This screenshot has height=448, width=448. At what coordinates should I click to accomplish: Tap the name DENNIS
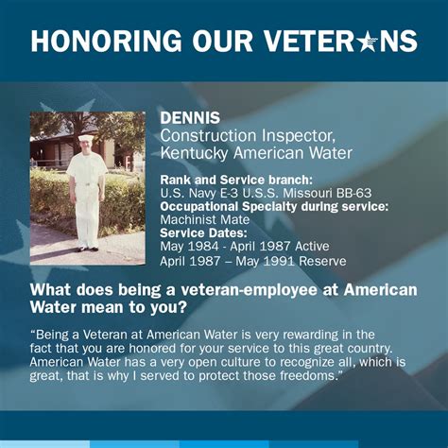[x=190, y=118]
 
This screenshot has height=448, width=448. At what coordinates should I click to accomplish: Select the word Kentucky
[x=194, y=153]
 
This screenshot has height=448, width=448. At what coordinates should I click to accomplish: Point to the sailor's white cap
[x=86, y=138]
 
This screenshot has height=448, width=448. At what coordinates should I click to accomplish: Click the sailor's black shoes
[x=88, y=249]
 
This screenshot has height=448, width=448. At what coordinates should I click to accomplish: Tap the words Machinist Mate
[x=205, y=219]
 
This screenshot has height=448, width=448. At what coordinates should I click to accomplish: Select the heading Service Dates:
[x=203, y=233]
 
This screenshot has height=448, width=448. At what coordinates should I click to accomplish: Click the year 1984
[x=203, y=246]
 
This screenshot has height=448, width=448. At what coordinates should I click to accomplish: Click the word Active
[x=312, y=246]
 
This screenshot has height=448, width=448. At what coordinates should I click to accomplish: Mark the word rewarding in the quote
[x=310, y=335]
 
